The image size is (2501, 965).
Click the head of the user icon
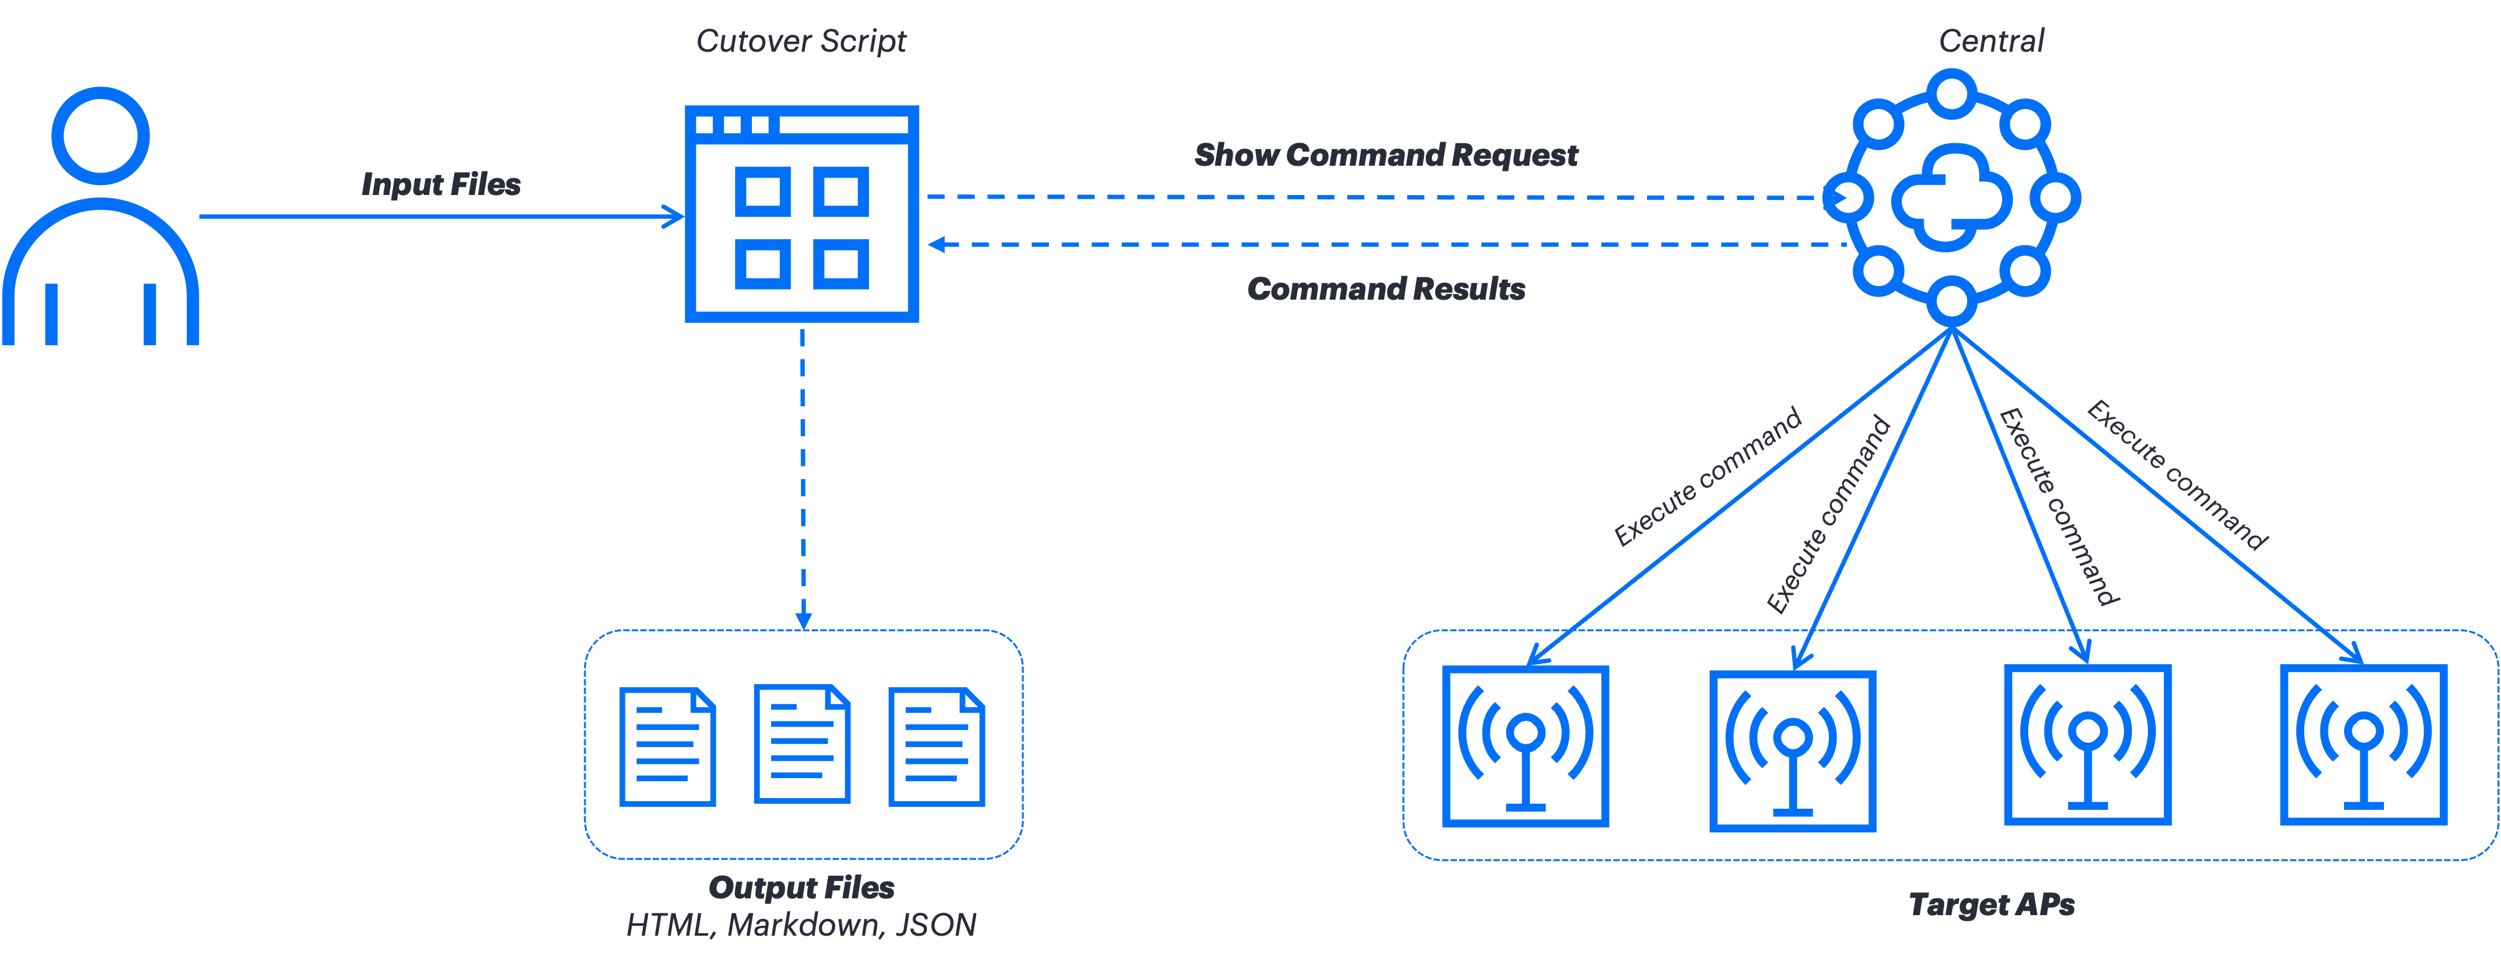(100, 135)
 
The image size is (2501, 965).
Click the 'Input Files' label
(441, 184)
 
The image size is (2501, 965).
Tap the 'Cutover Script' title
(801, 40)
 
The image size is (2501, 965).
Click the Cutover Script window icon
(802, 214)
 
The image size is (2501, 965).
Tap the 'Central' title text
(1991, 40)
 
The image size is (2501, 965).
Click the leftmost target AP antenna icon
(1526, 746)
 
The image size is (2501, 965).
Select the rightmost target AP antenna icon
(2363, 744)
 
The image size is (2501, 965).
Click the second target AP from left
(1792, 751)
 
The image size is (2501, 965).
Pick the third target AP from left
(2087, 744)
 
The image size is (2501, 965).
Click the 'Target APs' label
(1991, 905)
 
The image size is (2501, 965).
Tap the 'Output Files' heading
(801, 887)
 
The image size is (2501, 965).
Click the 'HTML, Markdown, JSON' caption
(801, 925)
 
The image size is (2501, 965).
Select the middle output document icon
(802, 744)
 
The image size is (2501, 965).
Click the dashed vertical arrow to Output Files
(803, 476)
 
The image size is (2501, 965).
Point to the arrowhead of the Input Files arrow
(675, 217)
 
